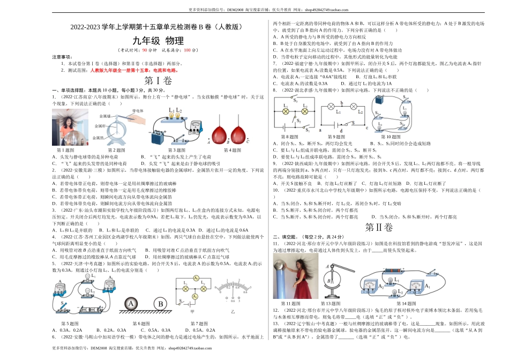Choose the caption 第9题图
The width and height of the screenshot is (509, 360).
point(338,137)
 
